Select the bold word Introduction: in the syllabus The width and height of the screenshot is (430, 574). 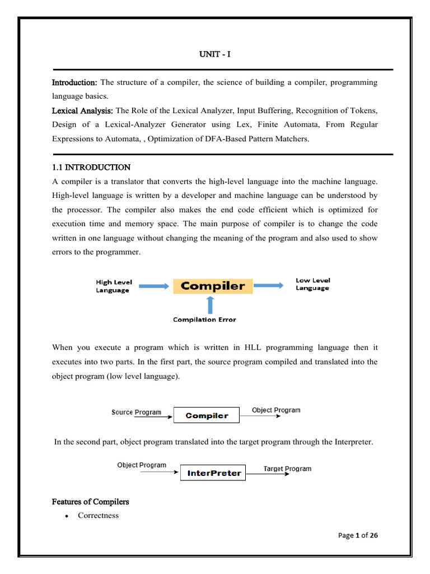(74, 82)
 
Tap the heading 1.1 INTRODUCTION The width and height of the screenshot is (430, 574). (91, 167)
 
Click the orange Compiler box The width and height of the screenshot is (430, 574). (213, 286)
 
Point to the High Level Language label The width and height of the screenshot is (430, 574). (114, 286)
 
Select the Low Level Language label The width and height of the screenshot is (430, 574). (312, 284)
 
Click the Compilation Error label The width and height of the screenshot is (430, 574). (204, 320)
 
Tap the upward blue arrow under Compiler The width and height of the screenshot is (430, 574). (211, 304)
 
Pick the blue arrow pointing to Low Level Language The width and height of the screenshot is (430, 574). (269, 285)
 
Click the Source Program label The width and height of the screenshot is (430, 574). (137, 412)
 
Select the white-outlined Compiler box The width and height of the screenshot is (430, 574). (207, 415)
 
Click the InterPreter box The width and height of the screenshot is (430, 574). (213, 473)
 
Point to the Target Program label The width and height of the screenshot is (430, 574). (287, 469)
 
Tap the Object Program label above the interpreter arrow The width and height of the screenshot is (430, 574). (142, 465)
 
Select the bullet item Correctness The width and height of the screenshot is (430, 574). (99, 515)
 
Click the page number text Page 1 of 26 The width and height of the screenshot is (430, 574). (358, 535)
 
